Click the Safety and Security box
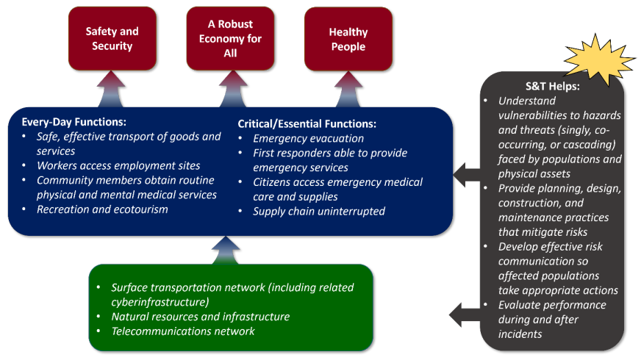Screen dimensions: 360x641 [112, 39]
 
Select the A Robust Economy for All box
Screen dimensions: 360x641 [230, 39]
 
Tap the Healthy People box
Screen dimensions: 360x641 [348, 39]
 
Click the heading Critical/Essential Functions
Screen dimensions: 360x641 [307, 124]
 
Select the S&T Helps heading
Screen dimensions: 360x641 [553, 86]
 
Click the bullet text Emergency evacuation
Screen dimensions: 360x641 [308, 138]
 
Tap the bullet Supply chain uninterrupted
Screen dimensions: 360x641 [318, 212]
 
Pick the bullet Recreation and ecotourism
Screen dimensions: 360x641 [102, 209]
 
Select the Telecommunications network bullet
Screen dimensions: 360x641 [182, 331]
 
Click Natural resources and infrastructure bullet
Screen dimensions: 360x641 [200, 317]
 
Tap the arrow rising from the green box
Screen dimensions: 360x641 [230, 250]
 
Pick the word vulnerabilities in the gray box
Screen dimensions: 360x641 [533, 115]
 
